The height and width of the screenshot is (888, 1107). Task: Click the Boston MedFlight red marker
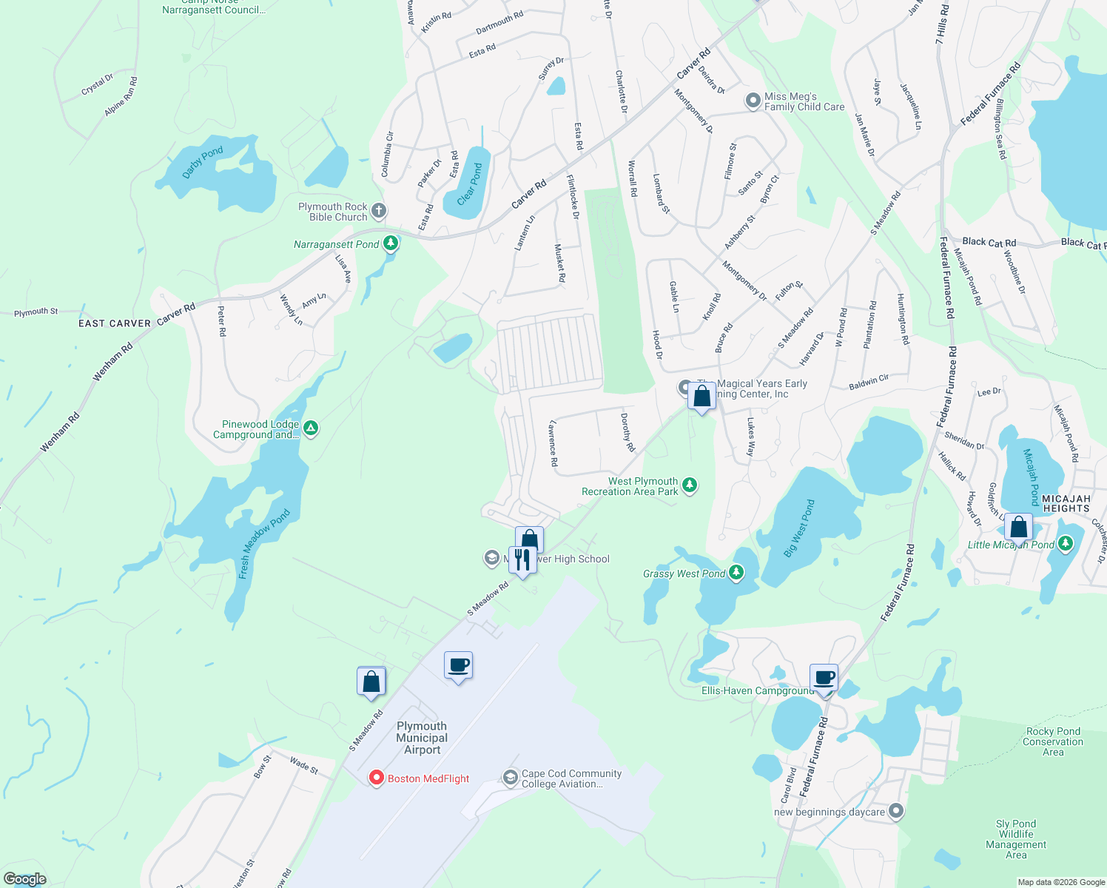[376, 778]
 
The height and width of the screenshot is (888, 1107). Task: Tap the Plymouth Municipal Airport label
[422, 738]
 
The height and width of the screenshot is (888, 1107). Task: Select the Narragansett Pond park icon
[391, 243]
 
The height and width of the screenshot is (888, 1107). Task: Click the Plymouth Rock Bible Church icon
[378, 211]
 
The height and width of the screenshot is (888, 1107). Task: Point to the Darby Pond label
[202, 162]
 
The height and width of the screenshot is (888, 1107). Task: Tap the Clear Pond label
[469, 184]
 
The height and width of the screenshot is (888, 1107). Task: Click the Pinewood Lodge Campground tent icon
[312, 428]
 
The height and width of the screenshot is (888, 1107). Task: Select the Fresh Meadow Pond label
[263, 543]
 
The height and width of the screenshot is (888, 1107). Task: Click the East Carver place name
[115, 323]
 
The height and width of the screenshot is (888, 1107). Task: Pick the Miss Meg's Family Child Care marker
[753, 101]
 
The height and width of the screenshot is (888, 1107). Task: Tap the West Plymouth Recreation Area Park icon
[690, 485]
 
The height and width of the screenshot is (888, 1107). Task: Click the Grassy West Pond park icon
[736, 573]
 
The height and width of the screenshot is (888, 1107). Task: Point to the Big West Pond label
[798, 528]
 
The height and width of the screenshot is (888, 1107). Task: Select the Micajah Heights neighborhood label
[1066, 504]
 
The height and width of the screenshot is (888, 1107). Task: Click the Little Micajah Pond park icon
[1065, 545]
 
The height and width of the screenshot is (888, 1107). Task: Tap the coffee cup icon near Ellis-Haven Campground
[824, 678]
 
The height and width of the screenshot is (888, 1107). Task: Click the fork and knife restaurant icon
[522, 559]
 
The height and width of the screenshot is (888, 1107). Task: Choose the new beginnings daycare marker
[896, 811]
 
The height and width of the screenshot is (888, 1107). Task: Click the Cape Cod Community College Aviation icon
[510, 777]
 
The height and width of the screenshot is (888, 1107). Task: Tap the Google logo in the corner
[24, 878]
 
